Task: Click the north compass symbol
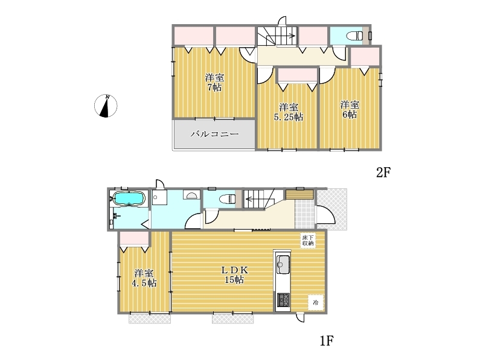coord(106,106)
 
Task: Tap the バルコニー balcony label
coord(215,134)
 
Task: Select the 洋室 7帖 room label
coord(214,82)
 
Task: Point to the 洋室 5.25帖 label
coord(289,112)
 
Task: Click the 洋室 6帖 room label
coord(350,110)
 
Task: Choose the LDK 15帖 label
coord(235,275)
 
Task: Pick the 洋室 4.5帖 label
coord(144,278)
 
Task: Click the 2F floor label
coord(383,173)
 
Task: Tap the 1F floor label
coord(327,341)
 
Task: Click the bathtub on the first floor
coord(129,198)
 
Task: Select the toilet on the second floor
coord(354,36)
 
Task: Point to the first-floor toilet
coord(228,199)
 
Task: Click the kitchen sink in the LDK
coord(283,264)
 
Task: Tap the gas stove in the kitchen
coord(283,300)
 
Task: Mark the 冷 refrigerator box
coord(316,302)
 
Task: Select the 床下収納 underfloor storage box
coord(308,240)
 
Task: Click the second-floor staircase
coord(277,36)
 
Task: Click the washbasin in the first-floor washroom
coord(191,195)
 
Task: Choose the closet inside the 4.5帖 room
coord(134,238)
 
